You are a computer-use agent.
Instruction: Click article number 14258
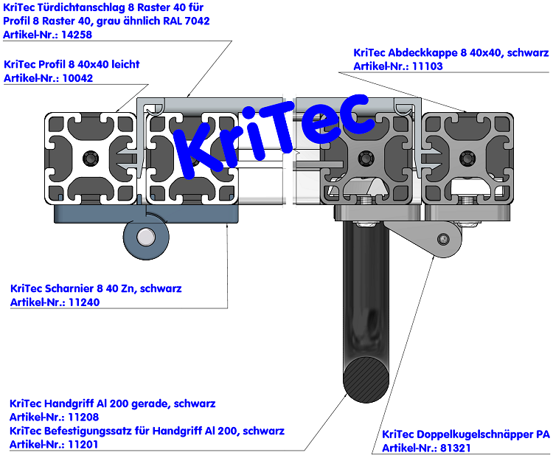[77, 34]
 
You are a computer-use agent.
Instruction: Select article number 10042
[77, 78]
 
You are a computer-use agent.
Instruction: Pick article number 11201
[83, 444]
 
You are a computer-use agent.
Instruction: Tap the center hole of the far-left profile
[91, 156]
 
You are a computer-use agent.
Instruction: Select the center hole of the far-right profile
[466, 156]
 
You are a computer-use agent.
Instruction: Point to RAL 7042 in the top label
[185, 21]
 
